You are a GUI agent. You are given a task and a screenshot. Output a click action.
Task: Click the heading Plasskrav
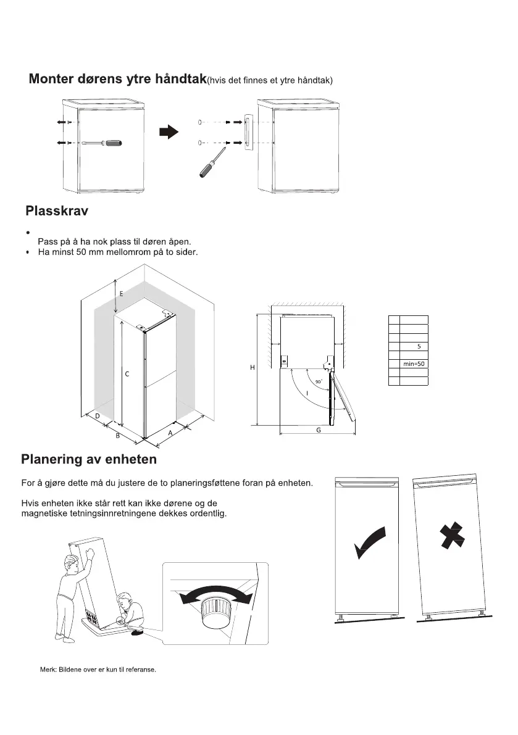57,212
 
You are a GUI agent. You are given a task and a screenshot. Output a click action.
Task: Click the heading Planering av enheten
89,460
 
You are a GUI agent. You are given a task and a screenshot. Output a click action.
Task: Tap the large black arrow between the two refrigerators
168,131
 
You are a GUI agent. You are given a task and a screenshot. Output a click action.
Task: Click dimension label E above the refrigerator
121,294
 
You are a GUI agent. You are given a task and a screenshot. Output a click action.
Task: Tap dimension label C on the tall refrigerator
127,374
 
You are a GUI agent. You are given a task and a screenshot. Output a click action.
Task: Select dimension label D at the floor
98,417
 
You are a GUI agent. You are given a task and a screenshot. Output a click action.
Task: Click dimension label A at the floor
170,433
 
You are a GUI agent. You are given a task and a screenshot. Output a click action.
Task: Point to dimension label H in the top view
252,368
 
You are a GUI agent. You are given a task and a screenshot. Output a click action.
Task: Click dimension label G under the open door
319,430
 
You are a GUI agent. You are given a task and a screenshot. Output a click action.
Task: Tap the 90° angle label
319,382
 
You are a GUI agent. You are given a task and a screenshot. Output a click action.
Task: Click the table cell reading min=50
414,363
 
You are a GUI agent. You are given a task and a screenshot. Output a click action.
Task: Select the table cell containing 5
419,346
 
